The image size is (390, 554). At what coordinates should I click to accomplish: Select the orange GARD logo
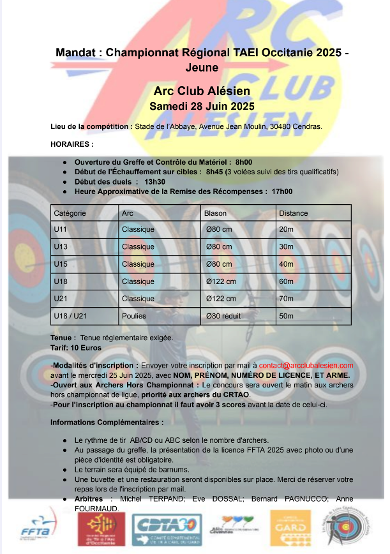[x=291, y=528]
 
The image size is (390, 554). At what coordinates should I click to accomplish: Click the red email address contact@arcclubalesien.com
[x=306, y=365]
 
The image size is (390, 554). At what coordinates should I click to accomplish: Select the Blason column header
[x=215, y=213]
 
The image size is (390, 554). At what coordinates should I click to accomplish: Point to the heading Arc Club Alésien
[x=202, y=91]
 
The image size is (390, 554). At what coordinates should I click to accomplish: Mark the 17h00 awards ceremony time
[x=281, y=191]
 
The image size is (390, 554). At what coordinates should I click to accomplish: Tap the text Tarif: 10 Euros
[x=71, y=347]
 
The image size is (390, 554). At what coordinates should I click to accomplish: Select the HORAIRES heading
[x=71, y=144]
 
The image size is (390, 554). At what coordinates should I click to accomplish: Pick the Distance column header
[x=294, y=213]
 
